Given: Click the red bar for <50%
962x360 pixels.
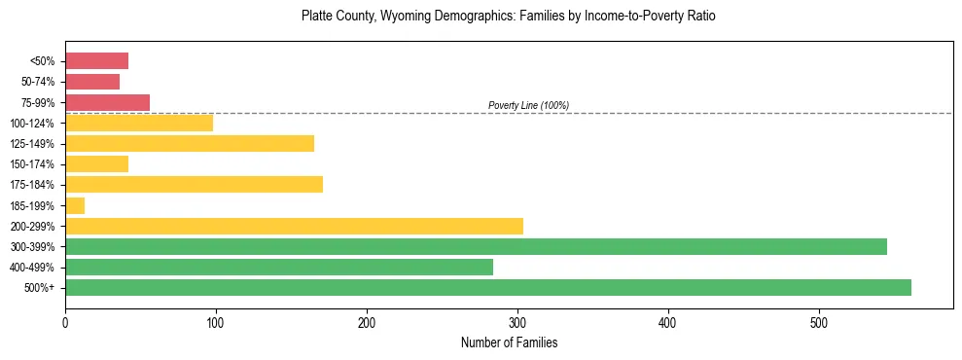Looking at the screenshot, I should click(x=96, y=61).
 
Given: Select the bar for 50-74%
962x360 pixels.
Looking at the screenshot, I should click(x=92, y=82).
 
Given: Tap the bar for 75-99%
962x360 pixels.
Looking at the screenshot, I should click(x=107, y=102).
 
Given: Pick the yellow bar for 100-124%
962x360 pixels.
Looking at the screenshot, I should click(x=139, y=123).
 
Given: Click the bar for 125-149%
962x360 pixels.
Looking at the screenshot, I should click(x=190, y=144).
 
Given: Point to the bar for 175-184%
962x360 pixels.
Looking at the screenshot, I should click(x=194, y=185).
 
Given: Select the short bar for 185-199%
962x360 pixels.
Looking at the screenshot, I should click(x=75, y=205).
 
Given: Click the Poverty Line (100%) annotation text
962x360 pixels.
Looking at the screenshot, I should click(x=528, y=105).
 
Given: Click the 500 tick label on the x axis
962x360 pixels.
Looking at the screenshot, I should click(x=819, y=322).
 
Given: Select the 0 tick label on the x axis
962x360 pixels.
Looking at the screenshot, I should click(x=65, y=322).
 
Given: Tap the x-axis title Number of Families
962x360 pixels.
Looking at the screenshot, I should click(x=509, y=342).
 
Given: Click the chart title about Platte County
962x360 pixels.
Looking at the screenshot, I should click(x=509, y=17).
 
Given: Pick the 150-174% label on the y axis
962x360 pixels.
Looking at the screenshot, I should click(x=32, y=164).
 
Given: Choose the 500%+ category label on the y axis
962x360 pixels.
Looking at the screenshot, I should click(x=40, y=287).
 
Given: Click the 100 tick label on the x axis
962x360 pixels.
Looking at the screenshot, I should click(x=216, y=322).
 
